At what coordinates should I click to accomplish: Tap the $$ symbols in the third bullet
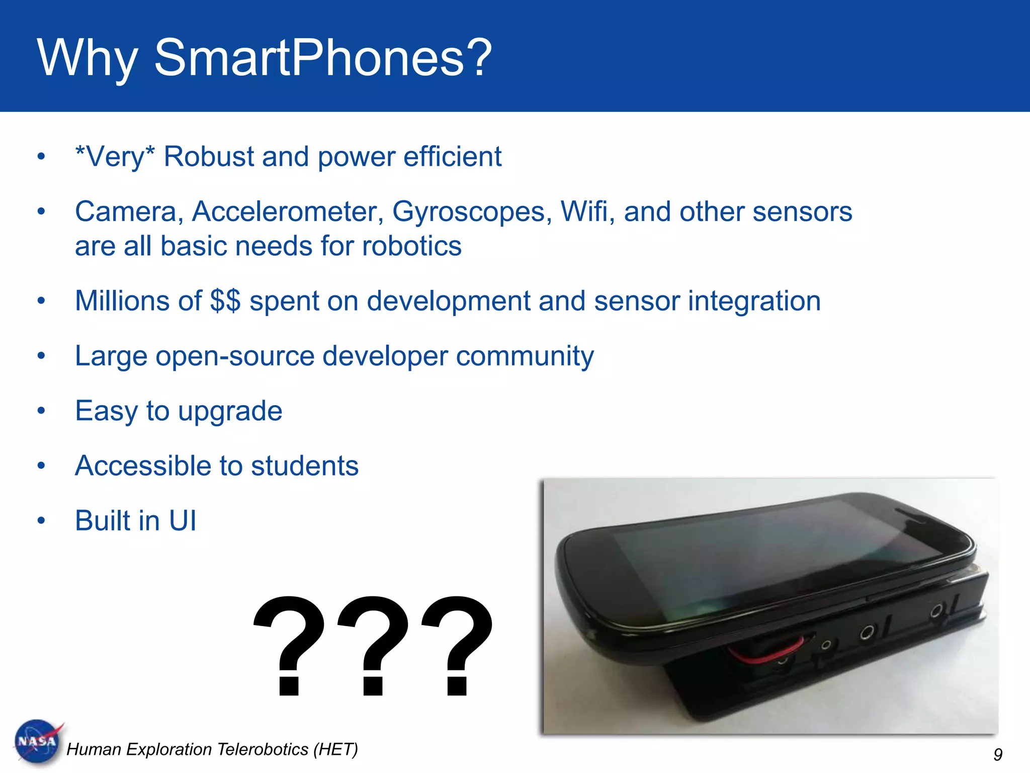(225, 301)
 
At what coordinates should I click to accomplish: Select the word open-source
(235, 356)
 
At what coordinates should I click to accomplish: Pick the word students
(304, 466)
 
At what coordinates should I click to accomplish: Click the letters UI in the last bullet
(182, 520)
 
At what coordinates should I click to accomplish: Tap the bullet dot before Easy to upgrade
(41, 411)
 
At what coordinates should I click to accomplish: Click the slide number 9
(998, 754)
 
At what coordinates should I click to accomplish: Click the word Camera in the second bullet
(129, 211)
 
